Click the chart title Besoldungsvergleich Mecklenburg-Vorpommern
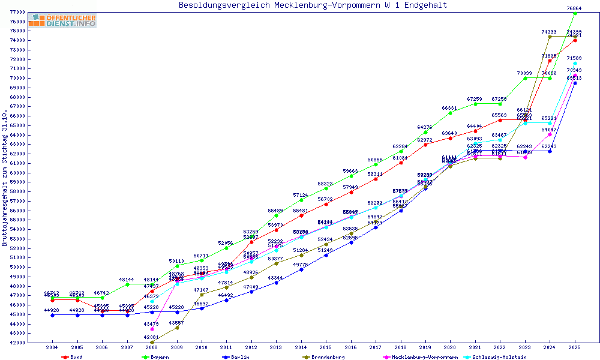tap(313, 5)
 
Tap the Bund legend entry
tap(73, 357)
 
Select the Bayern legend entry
tap(156, 357)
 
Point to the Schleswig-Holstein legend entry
tap(499, 357)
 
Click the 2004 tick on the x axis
tap(52, 347)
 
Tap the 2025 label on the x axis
tap(575, 347)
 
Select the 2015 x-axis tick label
tap(326, 347)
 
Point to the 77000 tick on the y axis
tap(17, 12)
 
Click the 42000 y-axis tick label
tap(17, 343)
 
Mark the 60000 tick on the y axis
tap(17, 173)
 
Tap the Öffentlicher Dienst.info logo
tap(62, 21)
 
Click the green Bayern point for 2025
tap(575, 13)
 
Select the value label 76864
tap(574, 8)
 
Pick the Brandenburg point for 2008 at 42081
tap(152, 342)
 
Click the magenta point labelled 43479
tap(152, 329)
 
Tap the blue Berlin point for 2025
tap(575, 83)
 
